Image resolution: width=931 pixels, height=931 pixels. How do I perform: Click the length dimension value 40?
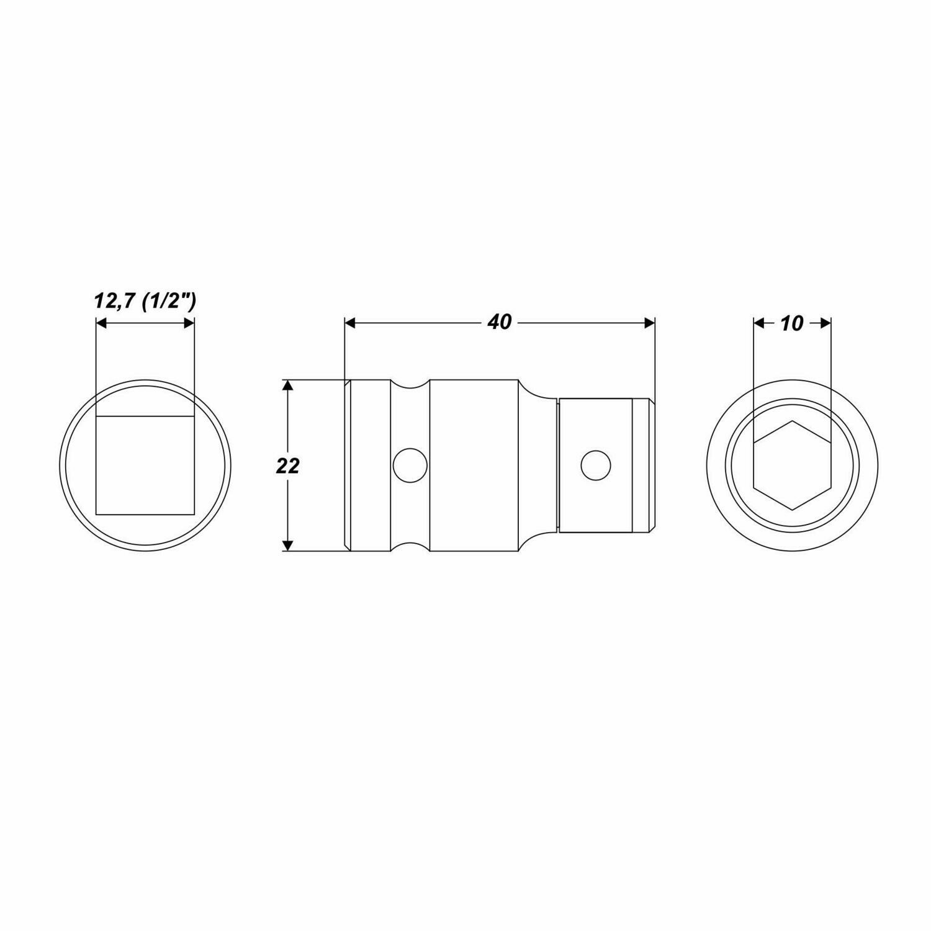[x=500, y=323]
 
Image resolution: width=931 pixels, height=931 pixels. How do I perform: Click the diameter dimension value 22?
[x=287, y=465]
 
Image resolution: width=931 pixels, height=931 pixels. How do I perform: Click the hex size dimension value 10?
[x=791, y=323]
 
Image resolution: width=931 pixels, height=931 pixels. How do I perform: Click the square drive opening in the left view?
[x=145, y=465]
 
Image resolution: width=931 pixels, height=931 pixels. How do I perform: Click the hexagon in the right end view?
[x=793, y=465]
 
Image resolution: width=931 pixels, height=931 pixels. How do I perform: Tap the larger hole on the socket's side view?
[x=410, y=465]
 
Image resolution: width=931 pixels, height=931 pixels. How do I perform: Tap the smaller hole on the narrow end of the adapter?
[x=595, y=465]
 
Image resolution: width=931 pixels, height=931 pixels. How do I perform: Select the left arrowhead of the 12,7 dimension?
[x=101, y=323]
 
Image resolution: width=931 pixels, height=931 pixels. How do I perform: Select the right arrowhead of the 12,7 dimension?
[x=189, y=323]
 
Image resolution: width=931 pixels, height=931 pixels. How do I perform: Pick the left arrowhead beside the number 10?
[x=758, y=323]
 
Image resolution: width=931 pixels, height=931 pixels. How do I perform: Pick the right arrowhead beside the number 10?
[x=825, y=323]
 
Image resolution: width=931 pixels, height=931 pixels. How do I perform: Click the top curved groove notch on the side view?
[x=410, y=385]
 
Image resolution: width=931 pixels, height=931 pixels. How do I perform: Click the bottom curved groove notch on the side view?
[x=410, y=546]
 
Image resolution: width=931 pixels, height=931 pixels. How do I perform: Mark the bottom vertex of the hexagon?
[x=793, y=510]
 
